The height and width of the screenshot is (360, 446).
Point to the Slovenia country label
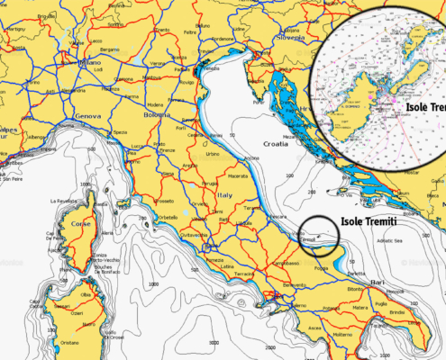pos(291,39)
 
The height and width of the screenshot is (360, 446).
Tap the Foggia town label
pos(320,267)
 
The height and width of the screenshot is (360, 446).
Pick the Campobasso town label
pos(287,262)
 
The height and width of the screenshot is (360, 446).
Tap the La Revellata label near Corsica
pos(66,201)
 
